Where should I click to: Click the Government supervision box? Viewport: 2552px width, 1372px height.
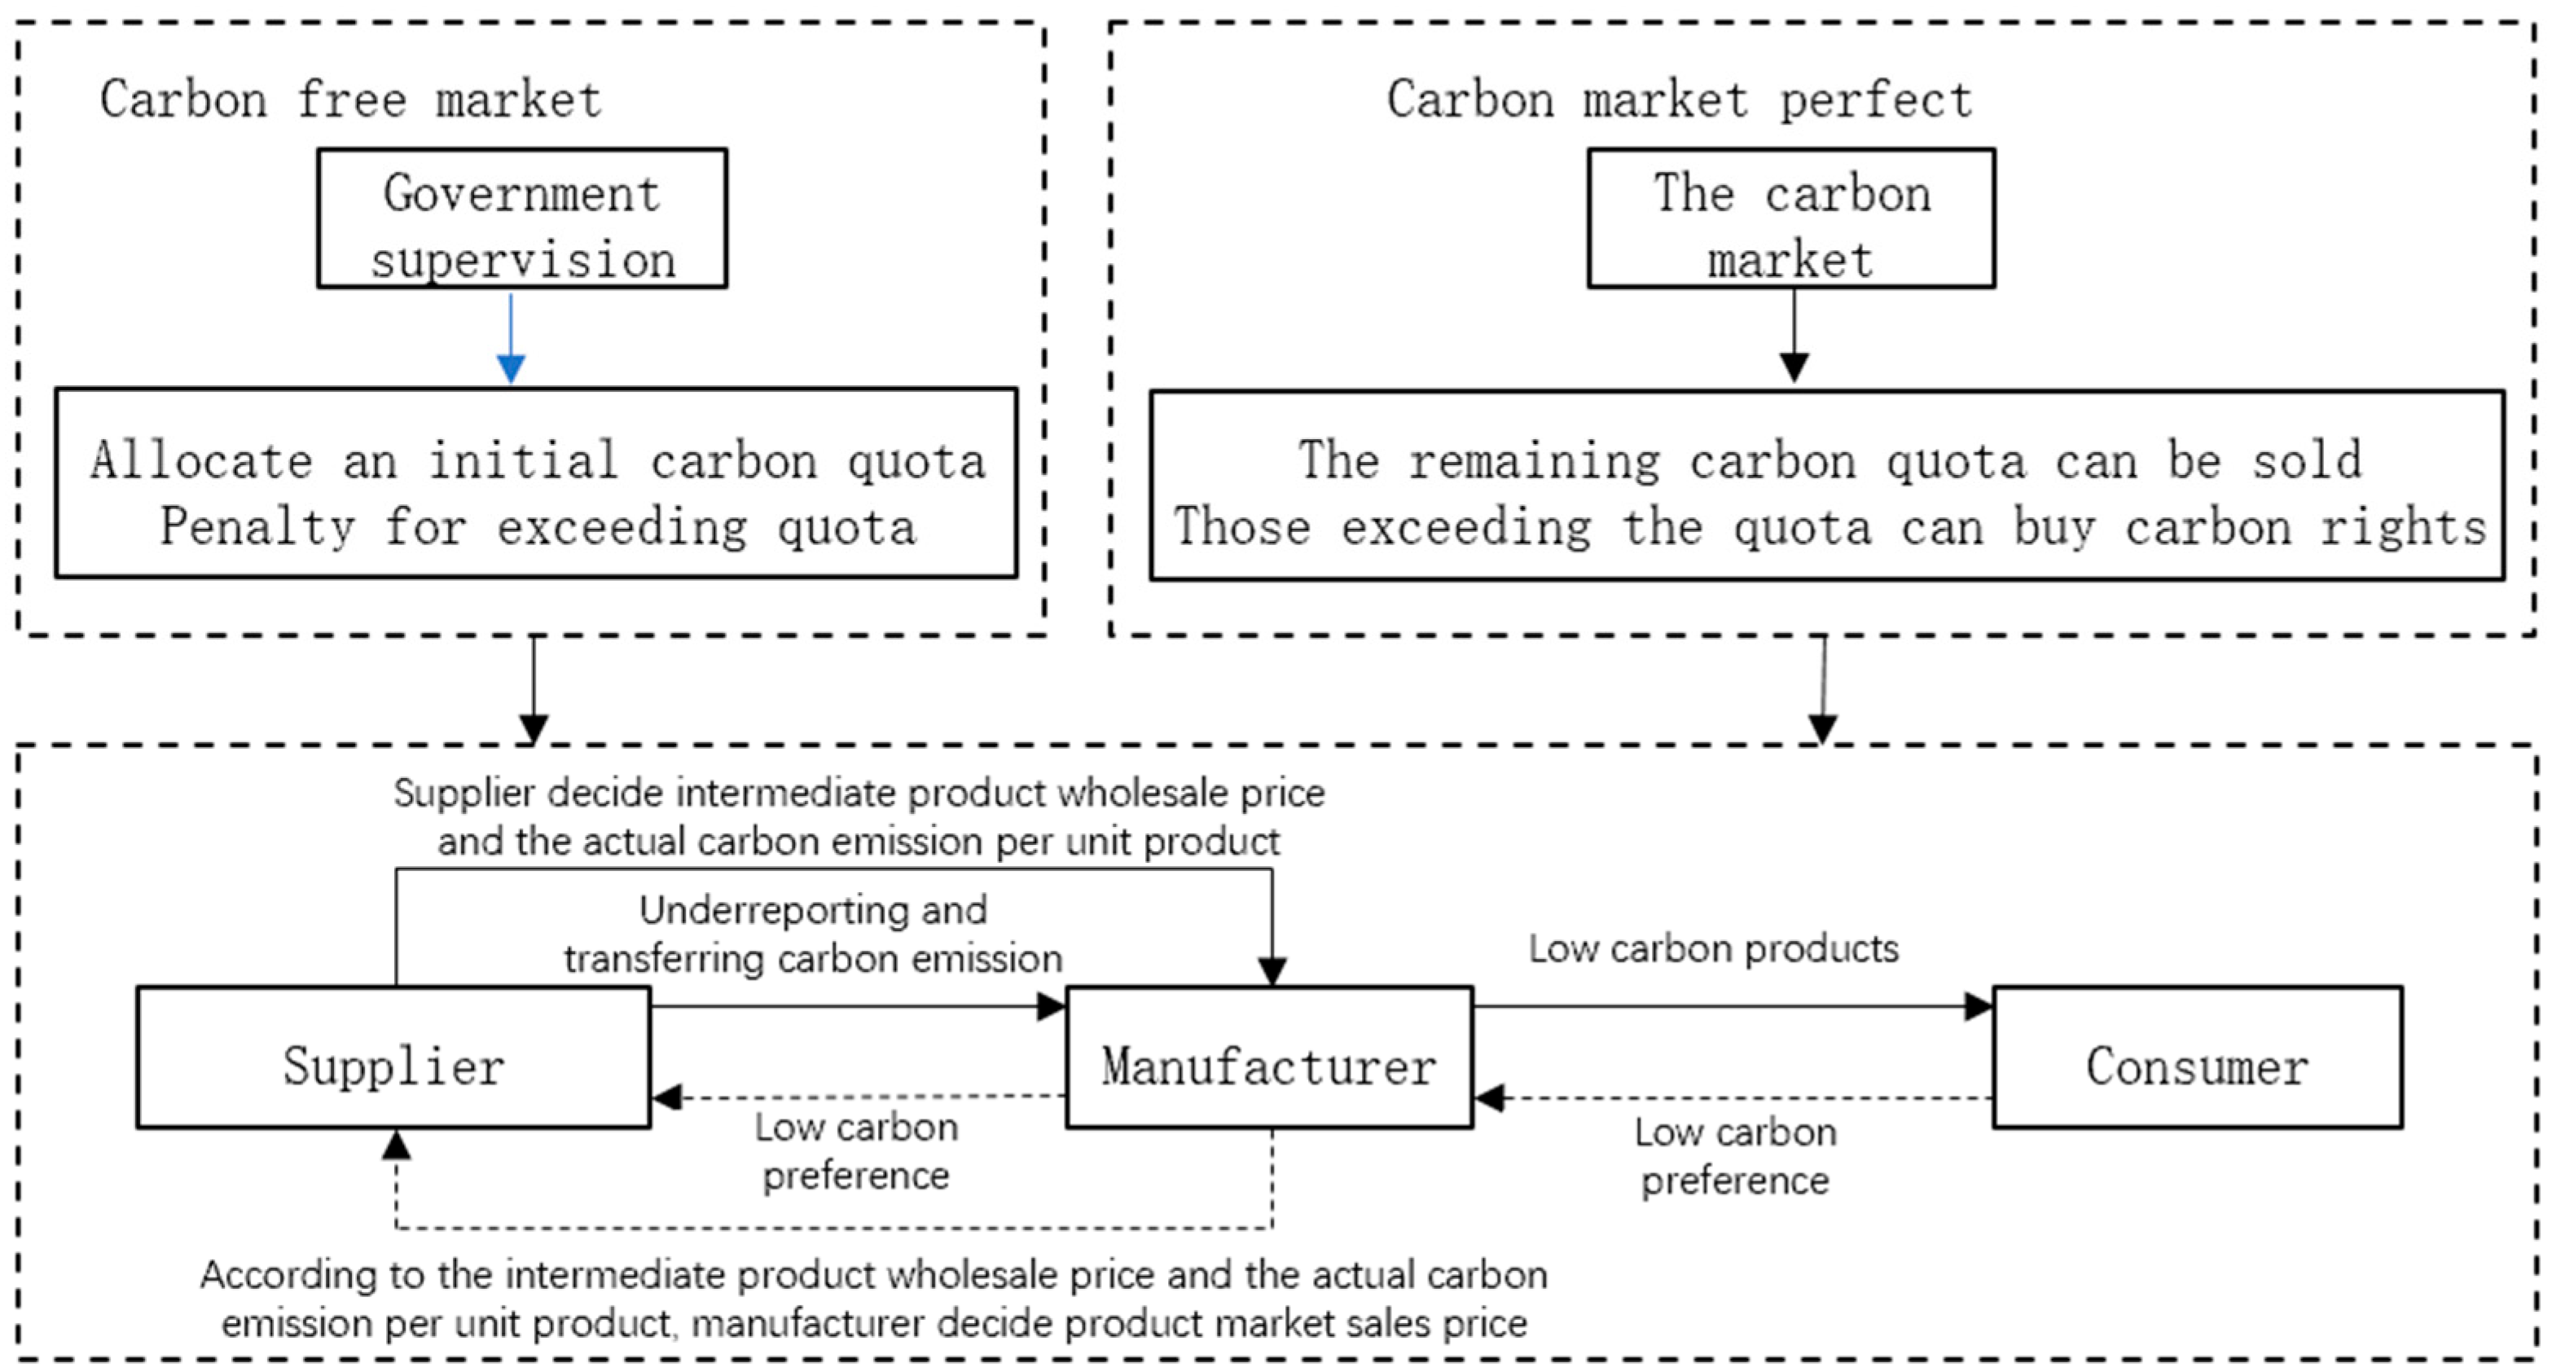pos(522,219)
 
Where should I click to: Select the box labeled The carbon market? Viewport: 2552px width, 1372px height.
pos(1790,219)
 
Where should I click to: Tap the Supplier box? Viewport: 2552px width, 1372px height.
pos(393,1057)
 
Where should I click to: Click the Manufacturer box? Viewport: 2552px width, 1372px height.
pos(1269,1057)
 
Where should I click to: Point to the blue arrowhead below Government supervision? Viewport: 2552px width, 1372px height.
pos(510,368)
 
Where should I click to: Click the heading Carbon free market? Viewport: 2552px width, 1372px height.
pos(351,100)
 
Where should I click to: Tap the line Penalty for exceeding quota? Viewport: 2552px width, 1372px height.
pos(538,527)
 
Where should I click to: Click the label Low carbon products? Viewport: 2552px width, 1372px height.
pos(1713,949)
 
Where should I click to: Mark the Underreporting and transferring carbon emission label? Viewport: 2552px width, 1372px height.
pos(812,934)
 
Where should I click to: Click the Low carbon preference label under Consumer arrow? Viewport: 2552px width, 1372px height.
pos(1735,1156)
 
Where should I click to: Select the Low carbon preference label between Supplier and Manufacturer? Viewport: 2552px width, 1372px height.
pos(856,1151)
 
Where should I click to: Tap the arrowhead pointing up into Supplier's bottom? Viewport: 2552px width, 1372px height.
pos(396,1146)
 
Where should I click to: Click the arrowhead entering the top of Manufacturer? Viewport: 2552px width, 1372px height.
pos(1272,971)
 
